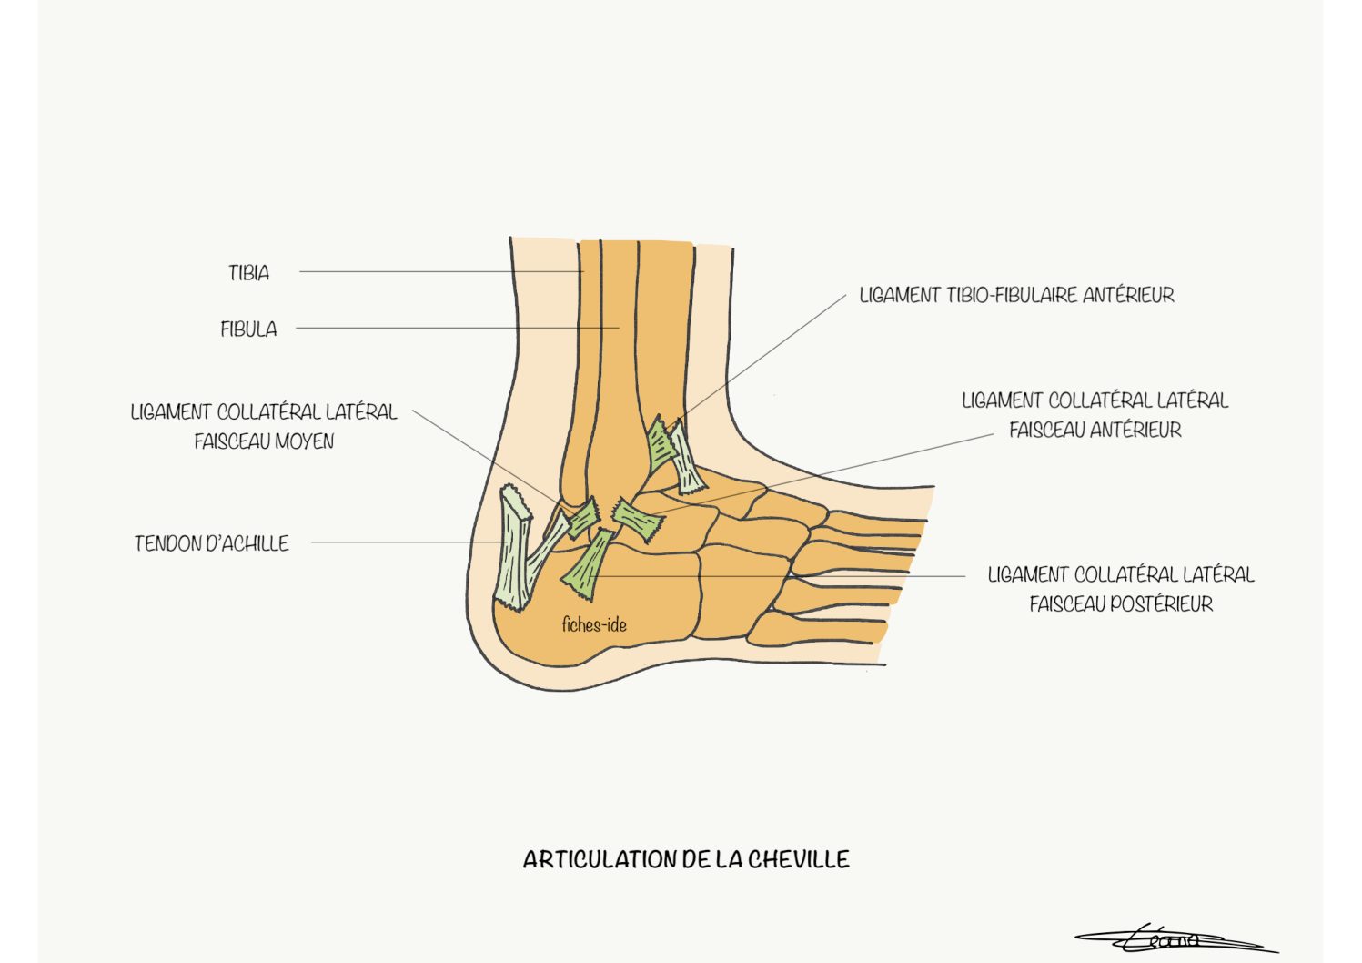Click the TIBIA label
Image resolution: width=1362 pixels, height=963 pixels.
(248, 272)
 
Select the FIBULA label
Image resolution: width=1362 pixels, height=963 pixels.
(248, 329)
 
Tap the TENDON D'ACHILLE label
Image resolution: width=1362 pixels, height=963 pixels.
(212, 543)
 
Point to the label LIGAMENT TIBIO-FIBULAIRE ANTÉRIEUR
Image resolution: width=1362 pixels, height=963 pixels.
(1016, 295)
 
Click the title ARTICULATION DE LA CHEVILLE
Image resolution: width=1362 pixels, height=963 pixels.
(686, 859)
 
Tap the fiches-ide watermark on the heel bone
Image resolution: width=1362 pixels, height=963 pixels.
(594, 624)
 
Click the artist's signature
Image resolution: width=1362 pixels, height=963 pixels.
(1176, 940)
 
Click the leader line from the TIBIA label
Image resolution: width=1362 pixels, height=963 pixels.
(441, 271)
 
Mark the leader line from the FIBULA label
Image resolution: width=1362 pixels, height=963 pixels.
(458, 328)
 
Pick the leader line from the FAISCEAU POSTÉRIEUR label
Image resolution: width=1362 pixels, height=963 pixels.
(777, 576)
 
